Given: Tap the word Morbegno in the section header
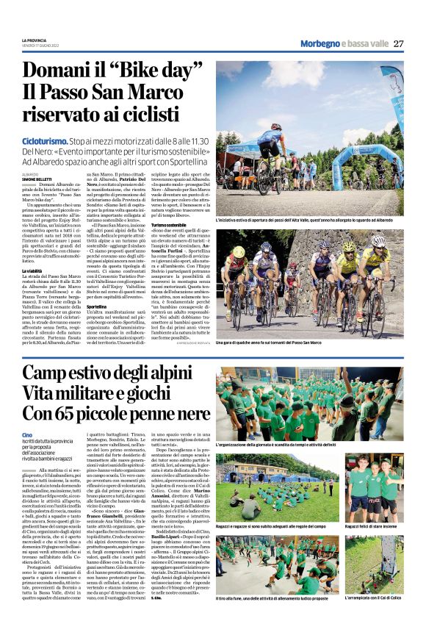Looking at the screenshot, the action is pos(320,43).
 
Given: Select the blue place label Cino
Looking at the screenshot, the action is pos(27,435).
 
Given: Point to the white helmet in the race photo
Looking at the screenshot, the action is pos(378,240).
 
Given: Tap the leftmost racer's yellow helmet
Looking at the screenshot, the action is pos(239,253).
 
